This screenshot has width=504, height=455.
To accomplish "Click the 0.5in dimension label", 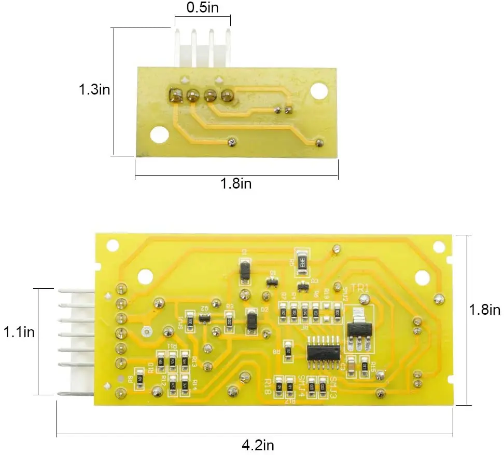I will [x=202, y=7].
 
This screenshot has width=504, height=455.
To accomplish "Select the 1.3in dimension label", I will [x=94, y=89].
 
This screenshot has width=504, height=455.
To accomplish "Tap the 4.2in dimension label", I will [x=258, y=445].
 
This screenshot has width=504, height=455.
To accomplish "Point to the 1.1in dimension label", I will [x=19, y=331].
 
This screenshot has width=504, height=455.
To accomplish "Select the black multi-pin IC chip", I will [x=324, y=350].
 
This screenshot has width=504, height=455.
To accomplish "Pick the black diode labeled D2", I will [x=251, y=320].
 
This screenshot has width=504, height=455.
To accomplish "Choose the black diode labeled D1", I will [x=245, y=270].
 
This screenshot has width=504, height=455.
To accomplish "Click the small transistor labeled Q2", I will [x=205, y=317].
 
